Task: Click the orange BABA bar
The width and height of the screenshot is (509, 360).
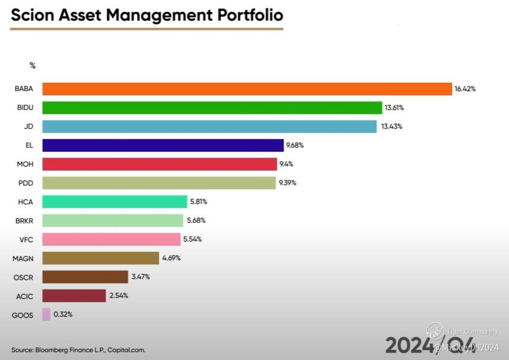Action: point(247,89)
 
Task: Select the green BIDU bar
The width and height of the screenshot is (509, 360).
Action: point(212,108)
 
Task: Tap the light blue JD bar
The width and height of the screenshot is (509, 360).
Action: point(209,127)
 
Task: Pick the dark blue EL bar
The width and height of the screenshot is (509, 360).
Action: point(162,145)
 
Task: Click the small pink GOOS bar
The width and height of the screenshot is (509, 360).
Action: point(46,314)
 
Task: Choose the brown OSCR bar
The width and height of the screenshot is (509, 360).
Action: point(85,277)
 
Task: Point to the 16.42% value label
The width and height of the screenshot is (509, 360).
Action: point(465,89)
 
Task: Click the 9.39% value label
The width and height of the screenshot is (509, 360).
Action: point(287,183)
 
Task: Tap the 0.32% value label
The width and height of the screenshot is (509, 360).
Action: point(63,314)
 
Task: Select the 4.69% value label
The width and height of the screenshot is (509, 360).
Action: point(171,258)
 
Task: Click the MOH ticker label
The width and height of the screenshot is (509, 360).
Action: point(25,164)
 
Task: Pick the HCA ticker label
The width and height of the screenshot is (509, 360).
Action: point(25,202)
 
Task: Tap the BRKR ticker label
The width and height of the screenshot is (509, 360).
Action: point(24,221)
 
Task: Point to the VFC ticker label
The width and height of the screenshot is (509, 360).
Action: point(25,239)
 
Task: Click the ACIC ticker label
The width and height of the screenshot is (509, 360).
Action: point(24,296)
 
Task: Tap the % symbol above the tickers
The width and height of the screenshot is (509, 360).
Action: point(33,65)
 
